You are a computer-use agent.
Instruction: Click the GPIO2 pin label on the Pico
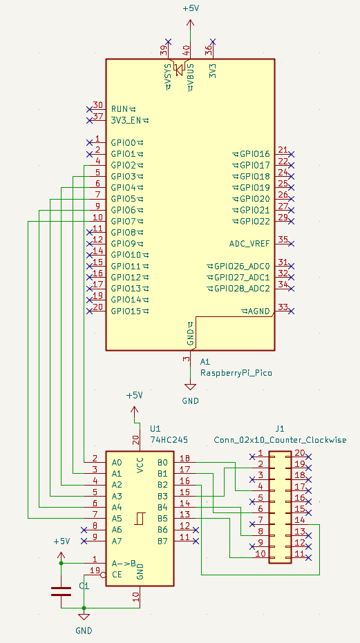point(124,165)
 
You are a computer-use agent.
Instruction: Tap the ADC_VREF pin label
point(249,244)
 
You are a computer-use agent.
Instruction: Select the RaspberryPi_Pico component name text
point(236,373)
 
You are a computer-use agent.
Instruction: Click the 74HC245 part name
point(169,440)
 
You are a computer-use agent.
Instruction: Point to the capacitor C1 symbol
point(61,591)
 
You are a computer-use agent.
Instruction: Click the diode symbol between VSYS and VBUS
point(179,70)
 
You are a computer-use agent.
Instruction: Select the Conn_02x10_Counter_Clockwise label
point(281,440)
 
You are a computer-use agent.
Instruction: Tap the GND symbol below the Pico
point(190,386)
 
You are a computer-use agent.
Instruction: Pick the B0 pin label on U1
point(162,463)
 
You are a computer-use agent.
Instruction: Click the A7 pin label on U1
point(117,541)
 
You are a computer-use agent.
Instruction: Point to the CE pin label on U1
point(117,575)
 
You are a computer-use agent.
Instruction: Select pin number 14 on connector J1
point(301,520)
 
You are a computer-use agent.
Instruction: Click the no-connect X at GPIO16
point(292,154)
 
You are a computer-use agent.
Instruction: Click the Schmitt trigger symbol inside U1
point(140,518)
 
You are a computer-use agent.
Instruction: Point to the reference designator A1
point(205,362)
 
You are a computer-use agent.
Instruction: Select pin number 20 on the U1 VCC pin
point(135,441)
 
